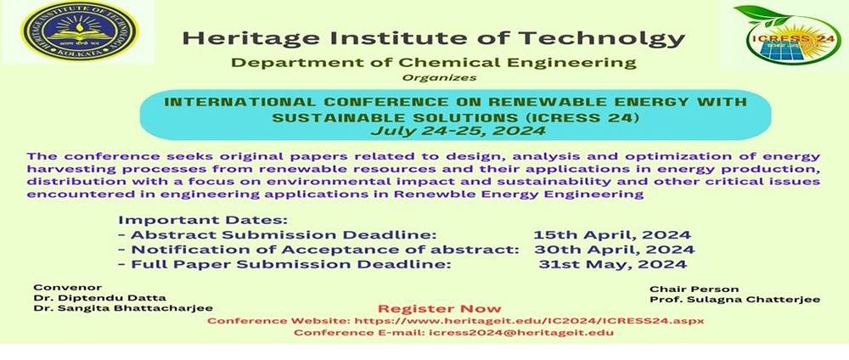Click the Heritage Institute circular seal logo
tap(80, 31)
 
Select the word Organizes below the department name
tap(439, 77)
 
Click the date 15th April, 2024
tap(612, 235)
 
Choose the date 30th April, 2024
tap(614, 250)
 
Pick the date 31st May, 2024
tap(612, 264)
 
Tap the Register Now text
tap(440, 308)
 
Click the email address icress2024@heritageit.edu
tap(521, 332)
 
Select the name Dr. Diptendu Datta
tap(99, 298)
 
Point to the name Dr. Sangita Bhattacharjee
tap(123, 308)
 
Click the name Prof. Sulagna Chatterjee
tap(734, 300)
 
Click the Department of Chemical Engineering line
tap(434, 63)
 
